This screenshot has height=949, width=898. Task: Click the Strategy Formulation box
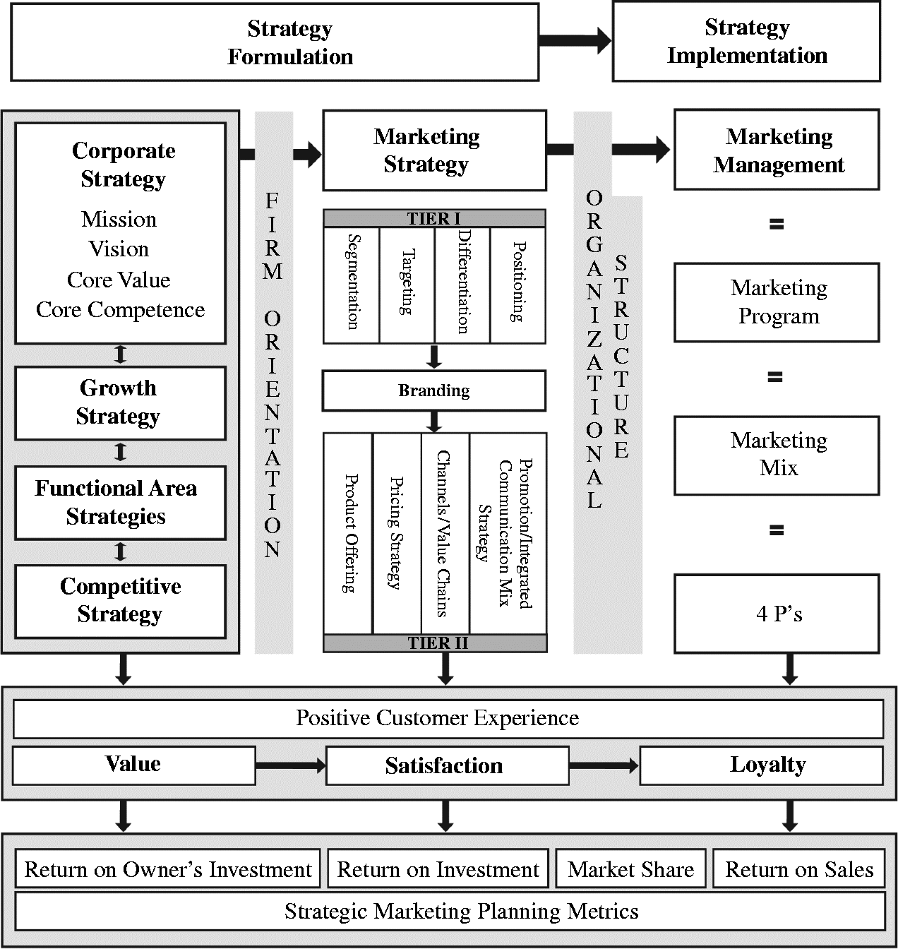click(275, 42)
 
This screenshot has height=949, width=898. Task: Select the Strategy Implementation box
click(746, 42)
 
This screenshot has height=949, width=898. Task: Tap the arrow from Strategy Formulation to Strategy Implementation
click(575, 40)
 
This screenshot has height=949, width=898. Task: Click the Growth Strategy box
click(120, 402)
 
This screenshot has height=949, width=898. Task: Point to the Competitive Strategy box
click(120, 601)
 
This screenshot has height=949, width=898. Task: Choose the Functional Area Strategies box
click(120, 502)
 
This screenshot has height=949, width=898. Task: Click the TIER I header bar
click(434, 218)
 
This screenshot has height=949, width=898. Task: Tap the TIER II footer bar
click(435, 643)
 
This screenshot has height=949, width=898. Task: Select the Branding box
click(434, 390)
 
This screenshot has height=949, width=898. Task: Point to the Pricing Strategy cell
click(397, 533)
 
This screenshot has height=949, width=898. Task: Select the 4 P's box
click(777, 613)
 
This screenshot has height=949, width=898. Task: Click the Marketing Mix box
click(777, 455)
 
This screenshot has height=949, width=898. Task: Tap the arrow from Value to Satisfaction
click(290, 765)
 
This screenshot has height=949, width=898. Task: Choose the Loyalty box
click(761, 765)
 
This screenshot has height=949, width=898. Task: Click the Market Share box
click(631, 869)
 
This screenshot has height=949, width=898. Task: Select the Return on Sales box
click(798, 869)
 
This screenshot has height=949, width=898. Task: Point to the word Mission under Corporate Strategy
click(119, 219)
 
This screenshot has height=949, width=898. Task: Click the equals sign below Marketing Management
click(777, 225)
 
